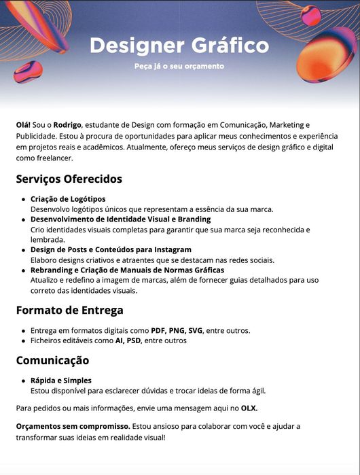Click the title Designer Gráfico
[179, 46]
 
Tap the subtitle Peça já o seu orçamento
[179, 67]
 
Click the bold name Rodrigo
[67, 125]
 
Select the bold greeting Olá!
[23, 125]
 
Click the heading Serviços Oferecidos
[69, 179]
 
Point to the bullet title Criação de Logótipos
[68, 198]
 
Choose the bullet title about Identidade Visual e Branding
[120, 219]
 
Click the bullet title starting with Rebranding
[127, 270]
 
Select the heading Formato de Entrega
[69, 311]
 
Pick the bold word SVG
[195, 330]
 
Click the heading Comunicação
[52, 360]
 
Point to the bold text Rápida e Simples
[60, 380]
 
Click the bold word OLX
[249, 408]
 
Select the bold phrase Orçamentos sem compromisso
[72, 426]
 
